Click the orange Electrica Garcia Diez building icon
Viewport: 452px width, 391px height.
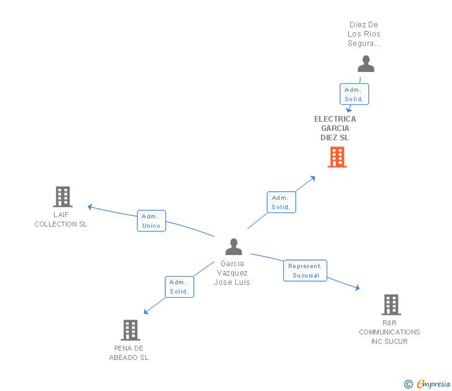[337, 157]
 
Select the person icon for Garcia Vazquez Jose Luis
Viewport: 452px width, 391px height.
[233, 247]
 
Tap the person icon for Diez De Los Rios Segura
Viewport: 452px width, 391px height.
[366, 64]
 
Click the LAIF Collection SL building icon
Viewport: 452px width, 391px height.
[63, 197]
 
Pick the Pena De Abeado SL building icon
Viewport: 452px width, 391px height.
[130, 330]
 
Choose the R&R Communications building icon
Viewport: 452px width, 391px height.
[391, 305]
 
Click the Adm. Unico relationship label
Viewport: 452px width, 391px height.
[151, 221]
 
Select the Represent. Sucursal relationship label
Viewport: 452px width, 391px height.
[305, 271]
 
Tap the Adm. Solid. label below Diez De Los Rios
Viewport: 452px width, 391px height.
[354, 94]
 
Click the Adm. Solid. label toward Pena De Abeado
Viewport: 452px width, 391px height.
[179, 287]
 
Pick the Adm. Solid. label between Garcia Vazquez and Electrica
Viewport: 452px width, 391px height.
[281, 202]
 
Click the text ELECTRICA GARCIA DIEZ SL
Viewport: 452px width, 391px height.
[335, 128]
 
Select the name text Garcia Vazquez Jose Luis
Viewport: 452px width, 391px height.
[232, 273]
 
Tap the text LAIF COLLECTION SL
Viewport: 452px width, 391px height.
[61, 220]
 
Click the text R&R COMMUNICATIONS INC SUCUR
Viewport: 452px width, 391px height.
[389, 332]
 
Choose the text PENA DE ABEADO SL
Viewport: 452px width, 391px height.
[129, 353]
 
